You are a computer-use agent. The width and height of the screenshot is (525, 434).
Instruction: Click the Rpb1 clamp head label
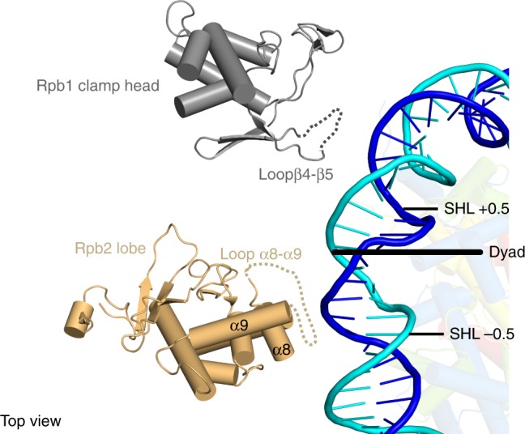[x=98, y=86]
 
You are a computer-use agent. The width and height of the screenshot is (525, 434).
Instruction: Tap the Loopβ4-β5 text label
[x=296, y=174]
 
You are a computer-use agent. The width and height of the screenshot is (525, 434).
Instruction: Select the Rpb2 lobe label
[x=110, y=249]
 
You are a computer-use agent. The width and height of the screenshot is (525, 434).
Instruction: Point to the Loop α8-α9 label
[x=261, y=254]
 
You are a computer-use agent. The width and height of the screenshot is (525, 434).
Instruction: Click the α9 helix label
[x=239, y=325]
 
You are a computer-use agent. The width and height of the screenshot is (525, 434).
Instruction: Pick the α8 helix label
[x=282, y=350]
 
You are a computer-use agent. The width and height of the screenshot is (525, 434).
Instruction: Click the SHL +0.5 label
[x=476, y=209]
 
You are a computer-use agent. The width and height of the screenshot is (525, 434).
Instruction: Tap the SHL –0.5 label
[x=481, y=334]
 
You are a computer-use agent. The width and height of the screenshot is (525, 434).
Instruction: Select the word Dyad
[x=507, y=253]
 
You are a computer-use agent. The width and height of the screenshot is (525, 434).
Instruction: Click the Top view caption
[x=31, y=421]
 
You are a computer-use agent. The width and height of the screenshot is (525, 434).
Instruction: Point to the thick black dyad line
[x=408, y=252]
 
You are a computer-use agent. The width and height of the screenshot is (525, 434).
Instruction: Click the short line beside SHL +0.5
[x=420, y=209]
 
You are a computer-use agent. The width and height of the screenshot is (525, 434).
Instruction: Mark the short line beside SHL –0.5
[x=426, y=334]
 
